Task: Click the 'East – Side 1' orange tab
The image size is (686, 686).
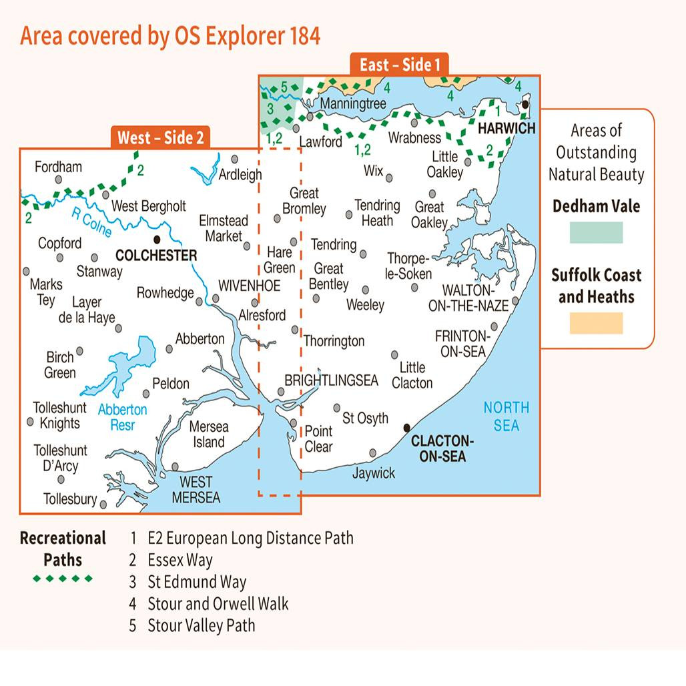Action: pos(400,65)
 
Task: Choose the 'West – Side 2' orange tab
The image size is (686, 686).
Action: pos(160,137)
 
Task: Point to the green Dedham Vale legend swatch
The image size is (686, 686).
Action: pos(596,232)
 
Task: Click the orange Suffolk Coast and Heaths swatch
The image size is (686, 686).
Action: pos(596,323)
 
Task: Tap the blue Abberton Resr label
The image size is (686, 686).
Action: pos(123,416)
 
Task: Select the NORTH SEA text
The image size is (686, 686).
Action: pos(506,416)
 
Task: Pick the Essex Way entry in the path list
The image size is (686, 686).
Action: pos(180,560)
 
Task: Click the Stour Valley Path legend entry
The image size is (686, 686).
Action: pos(201,625)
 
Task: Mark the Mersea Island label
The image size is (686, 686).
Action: pos(209,434)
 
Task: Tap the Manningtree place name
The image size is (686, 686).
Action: pos(353,104)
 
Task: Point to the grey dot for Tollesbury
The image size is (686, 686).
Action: pos(103,504)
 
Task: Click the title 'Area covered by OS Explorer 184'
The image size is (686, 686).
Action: pos(170,35)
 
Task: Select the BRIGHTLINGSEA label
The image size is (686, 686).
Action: pos(332,380)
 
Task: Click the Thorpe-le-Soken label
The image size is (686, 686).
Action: pos(410,266)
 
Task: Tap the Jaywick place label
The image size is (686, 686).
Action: pos(374,473)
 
